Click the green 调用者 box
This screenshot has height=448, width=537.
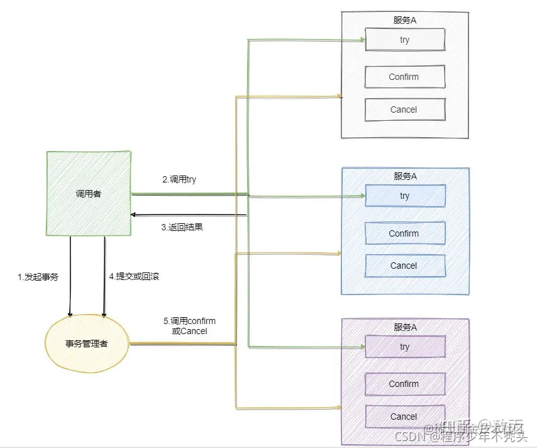(88, 194)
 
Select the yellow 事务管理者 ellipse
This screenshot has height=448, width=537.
(87, 344)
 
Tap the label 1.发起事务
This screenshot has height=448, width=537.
(38, 276)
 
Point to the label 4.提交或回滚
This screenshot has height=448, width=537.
(133, 276)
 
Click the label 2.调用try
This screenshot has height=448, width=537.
(179, 179)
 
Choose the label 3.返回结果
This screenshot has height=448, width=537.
(182, 227)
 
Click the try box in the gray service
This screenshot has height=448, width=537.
(405, 40)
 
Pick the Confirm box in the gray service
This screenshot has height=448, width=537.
(404, 77)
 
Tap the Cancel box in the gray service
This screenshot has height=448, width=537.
(404, 109)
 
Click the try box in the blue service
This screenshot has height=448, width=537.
(405, 196)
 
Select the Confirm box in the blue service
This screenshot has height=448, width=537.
(404, 233)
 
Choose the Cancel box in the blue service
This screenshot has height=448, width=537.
(404, 266)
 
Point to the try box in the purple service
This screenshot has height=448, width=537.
(405, 347)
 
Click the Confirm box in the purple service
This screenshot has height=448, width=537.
(404, 384)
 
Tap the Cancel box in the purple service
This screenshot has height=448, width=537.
(404, 417)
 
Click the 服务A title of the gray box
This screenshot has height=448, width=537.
(405, 20)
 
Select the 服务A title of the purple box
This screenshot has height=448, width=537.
(405, 327)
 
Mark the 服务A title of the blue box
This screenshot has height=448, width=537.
(405, 176)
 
